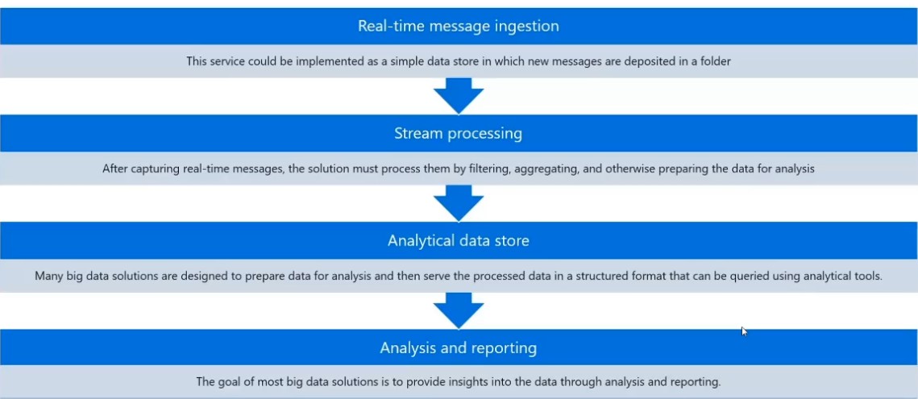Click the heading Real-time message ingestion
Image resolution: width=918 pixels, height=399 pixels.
(458, 26)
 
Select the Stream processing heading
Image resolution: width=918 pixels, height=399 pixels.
(458, 133)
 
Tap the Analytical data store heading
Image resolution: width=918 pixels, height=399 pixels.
(458, 240)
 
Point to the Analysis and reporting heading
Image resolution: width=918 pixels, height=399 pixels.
(458, 347)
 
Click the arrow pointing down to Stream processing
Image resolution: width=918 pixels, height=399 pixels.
(458, 96)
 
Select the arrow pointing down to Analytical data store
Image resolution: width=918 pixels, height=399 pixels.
(458, 203)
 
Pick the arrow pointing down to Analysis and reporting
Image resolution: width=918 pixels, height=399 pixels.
(458, 310)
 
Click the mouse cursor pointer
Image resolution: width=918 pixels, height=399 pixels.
(744, 330)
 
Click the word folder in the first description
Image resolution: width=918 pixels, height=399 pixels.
(715, 61)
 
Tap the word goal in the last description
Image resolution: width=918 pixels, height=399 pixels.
(231, 382)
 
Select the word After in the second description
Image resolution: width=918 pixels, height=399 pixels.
(115, 169)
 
